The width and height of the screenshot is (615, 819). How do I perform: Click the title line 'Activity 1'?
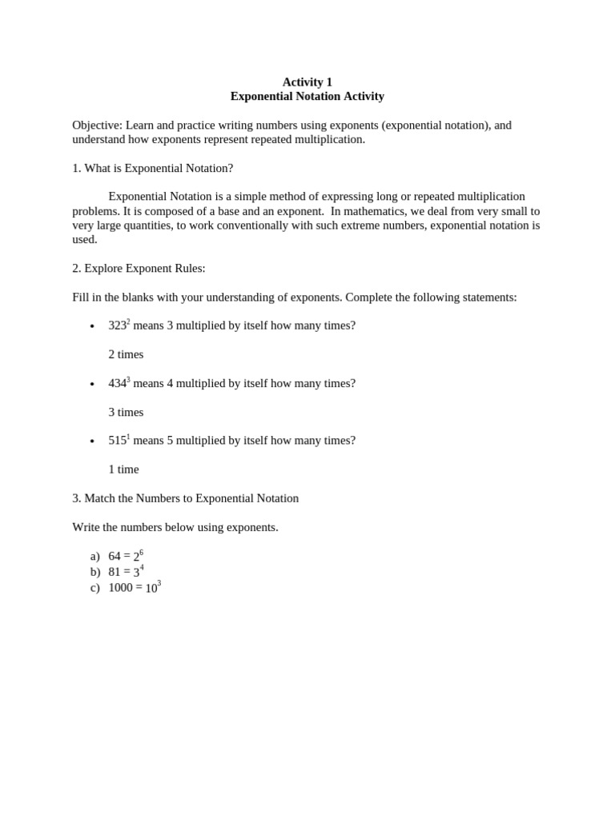(307, 82)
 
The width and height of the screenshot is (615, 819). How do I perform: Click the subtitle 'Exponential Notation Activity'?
(307, 96)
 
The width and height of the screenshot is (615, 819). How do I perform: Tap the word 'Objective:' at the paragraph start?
(97, 125)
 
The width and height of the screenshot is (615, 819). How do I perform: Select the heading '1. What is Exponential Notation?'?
(152, 168)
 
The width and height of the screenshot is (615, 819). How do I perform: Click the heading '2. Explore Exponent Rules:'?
(139, 268)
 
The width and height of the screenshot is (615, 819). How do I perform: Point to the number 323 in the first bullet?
(117, 326)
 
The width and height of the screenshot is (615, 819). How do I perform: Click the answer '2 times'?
(126, 354)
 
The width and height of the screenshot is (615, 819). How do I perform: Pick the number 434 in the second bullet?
(117, 383)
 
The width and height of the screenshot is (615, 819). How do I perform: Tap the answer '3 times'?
(126, 412)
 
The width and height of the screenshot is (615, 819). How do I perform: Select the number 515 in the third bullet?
(117, 441)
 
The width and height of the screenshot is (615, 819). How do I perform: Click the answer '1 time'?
(123, 469)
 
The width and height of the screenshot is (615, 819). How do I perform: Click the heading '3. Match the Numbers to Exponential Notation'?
(185, 498)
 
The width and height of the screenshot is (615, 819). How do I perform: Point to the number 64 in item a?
(115, 556)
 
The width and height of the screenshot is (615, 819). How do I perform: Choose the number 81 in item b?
(115, 572)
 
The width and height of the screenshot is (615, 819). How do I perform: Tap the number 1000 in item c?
(120, 588)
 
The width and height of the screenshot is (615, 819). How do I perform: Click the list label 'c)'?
(94, 588)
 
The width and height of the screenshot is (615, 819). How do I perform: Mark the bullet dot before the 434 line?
(92, 385)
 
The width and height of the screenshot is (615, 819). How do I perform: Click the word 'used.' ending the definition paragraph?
(84, 239)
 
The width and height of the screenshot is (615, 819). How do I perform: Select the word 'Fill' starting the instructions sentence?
(81, 297)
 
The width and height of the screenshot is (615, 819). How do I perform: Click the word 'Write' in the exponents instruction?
(86, 527)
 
